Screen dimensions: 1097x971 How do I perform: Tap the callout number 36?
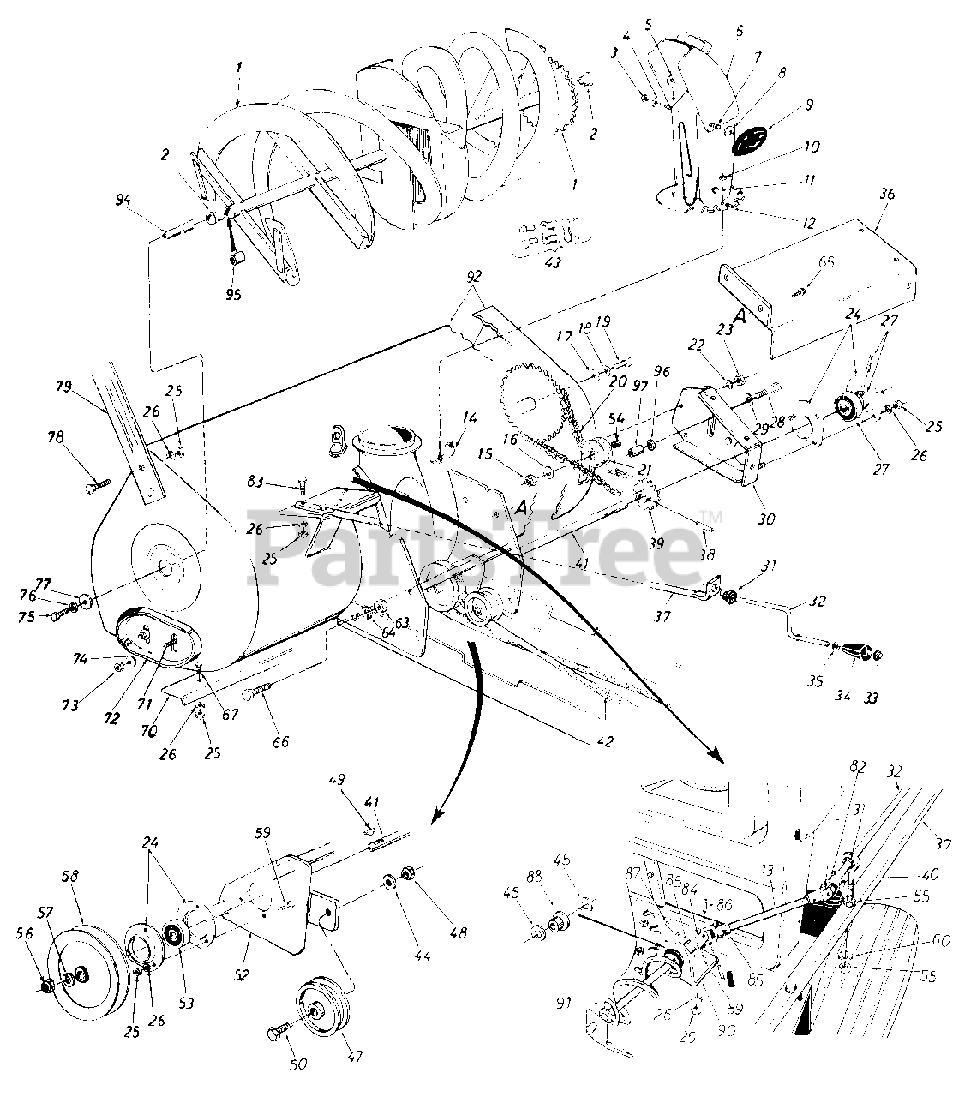(887, 195)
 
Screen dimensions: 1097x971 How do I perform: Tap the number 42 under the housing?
(606, 742)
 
